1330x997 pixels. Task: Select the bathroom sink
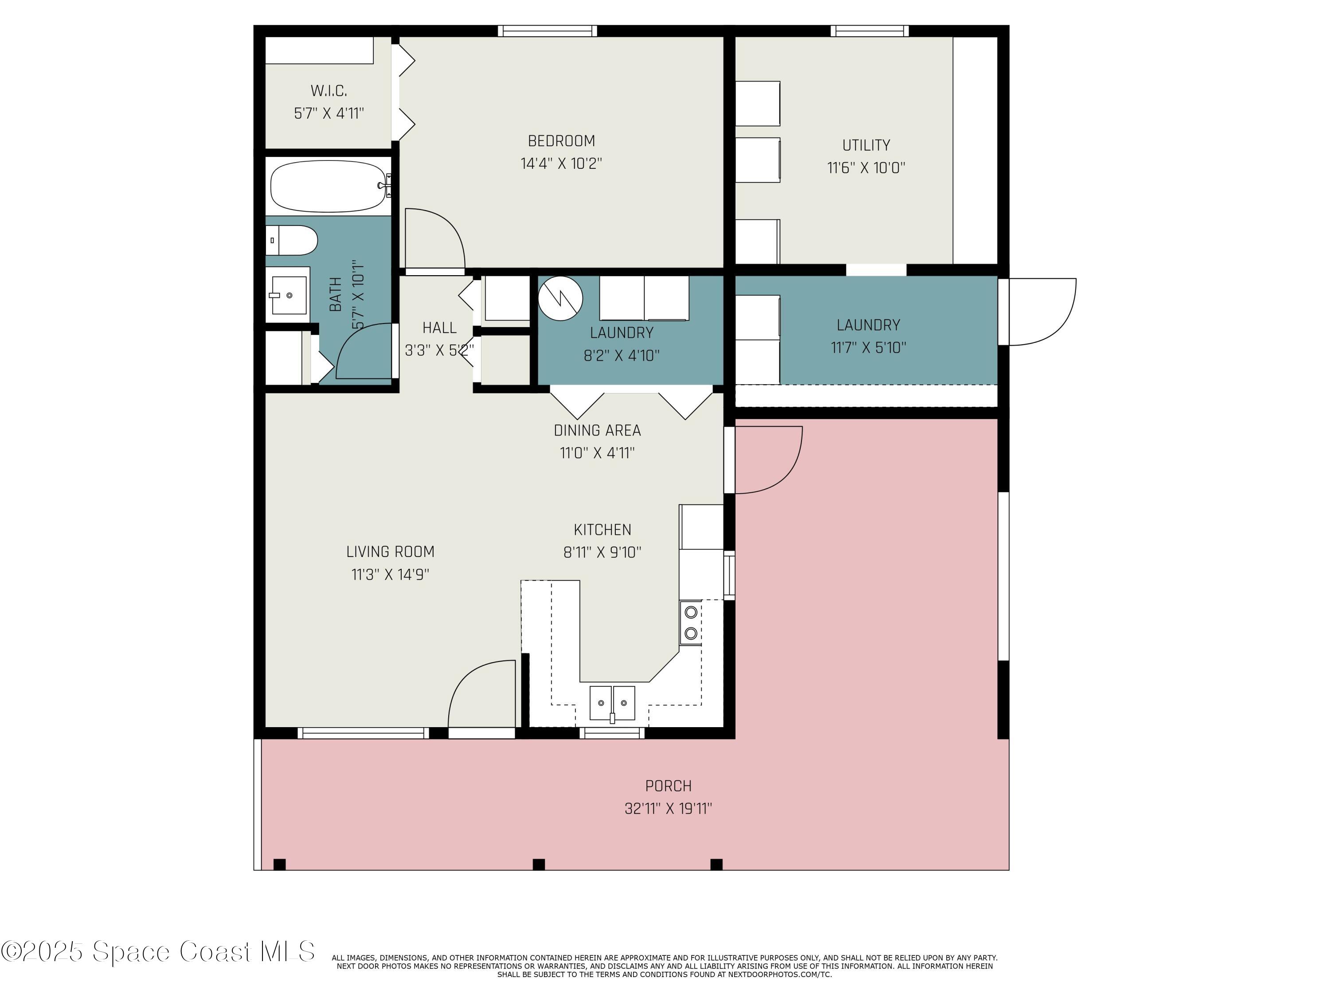point(289,295)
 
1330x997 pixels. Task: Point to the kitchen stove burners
point(691,623)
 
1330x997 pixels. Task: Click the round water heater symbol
point(560,298)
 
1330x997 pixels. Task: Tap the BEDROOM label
point(561,141)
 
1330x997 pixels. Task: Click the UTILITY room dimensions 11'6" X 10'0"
point(866,167)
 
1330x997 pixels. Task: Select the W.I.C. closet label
point(329,91)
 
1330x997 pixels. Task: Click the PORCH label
point(668,786)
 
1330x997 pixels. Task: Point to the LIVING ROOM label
point(390,551)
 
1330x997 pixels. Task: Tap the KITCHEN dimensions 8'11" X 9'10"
point(602,552)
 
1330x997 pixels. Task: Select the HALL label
point(439,327)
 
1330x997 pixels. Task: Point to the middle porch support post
point(539,864)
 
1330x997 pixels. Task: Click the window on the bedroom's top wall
point(547,31)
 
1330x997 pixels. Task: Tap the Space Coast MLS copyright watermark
point(157,951)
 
